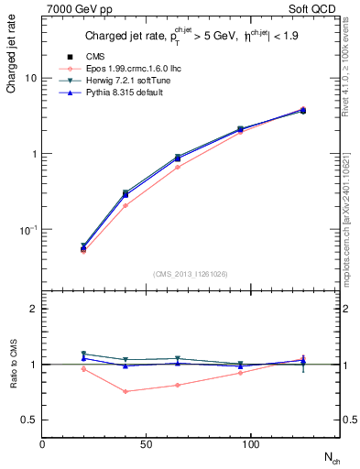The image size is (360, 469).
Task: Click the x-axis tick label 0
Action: (x=42, y=443)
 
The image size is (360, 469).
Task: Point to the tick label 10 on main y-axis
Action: (x=30, y=78)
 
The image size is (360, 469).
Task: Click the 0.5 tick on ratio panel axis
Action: (x=29, y=420)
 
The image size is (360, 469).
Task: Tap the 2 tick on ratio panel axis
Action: (x=33, y=309)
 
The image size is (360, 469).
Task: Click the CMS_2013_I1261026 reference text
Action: (x=191, y=273)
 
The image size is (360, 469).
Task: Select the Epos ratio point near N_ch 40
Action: (x=125, y=391)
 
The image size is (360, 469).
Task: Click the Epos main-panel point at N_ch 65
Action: (x=177, y=167)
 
